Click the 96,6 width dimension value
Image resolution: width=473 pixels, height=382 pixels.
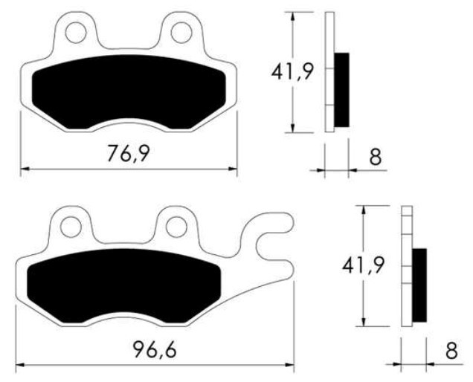pyautogui.click(x=155, y=349)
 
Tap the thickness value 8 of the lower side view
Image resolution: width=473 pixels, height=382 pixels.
pyautogui.click(x=451, y=351)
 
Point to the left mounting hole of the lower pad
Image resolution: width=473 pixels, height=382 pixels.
pyautogui.click(x=71, y=225)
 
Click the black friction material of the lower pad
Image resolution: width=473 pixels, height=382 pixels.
pyautogui.click(x=123, y=286)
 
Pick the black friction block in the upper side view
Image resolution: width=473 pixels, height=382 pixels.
pyautogui.click(x=341, y=89)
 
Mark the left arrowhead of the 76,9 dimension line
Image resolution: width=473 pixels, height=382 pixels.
pyautogui.click(x=24, y=169)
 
